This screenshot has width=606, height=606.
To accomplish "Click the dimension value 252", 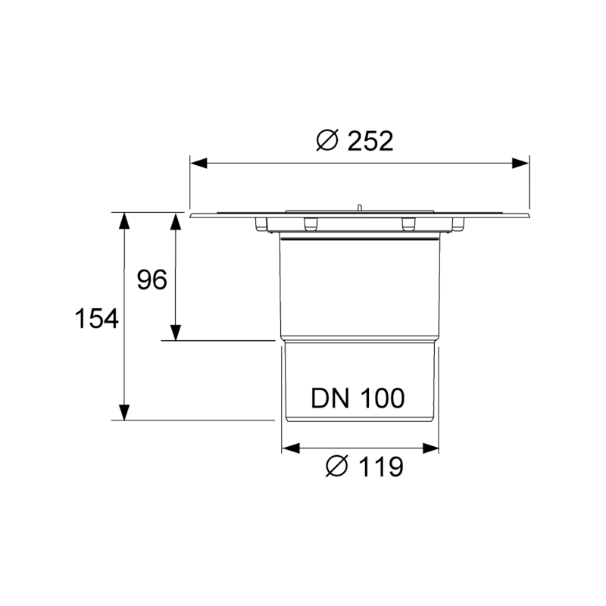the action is pyautogui.click(x=370, y=141).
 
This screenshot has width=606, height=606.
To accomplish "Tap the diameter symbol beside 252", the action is pyautogui.click(x=327, y=140).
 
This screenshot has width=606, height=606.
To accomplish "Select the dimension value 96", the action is pyautogui.click(x=152, y=280).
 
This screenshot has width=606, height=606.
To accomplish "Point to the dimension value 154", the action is pyautogui.click(x=96, y=319).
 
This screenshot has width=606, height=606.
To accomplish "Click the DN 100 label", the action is pyautogui.click(x=358, y=398).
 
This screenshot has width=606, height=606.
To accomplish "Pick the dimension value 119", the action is pyautogui.click(x=381, y=467).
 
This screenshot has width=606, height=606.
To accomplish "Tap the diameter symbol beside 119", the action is pyautogui.click(x=337, y=466).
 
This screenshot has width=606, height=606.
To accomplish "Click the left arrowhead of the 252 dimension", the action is pyautogui.click(x=198, y=163).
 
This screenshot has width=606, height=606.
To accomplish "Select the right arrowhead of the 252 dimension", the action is pyautogui.click(x=520, y=163).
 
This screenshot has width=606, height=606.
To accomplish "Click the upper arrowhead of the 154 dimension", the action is pyautogui.click(x=123, y=221).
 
